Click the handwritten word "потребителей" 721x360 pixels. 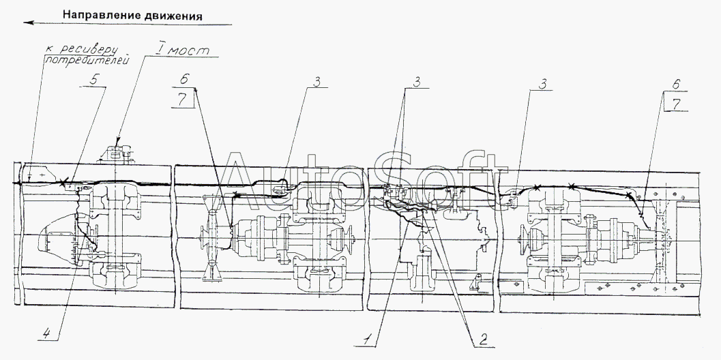click(x=87, y=60)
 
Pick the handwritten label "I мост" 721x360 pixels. click(x=181, y=48)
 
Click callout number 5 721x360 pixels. click(x=93, y=78)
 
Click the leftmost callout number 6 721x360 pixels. click(x=183, y=79)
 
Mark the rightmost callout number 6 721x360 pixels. click(x=675, y=84)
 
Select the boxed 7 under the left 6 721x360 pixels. click(x=183, y=100)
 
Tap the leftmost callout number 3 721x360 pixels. click(x=317, y=80)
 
